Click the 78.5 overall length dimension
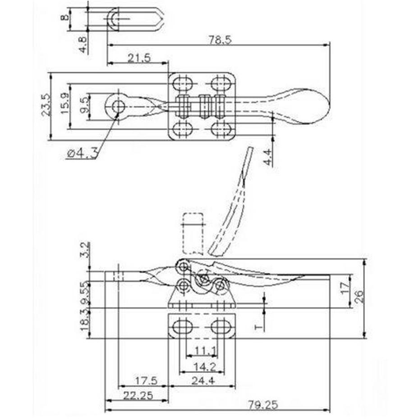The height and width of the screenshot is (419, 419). (220, 40)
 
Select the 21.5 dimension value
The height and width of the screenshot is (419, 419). (139, 58)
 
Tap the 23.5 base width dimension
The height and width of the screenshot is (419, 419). (46, 105)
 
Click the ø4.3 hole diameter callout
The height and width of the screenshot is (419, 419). (82, 154)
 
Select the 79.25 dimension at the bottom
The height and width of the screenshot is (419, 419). (263, 405)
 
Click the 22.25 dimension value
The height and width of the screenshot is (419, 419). (138, 395)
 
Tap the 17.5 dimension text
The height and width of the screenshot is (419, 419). (146, 381)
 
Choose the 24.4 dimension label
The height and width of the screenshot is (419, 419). (203, 381)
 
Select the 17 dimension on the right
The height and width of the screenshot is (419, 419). (345, 288)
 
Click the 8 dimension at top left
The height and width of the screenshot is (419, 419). (64, 18)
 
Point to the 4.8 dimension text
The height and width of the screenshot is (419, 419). (83, 44)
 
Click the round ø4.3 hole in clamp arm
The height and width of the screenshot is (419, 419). (118, 106)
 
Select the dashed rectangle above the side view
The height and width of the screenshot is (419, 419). (193, 233)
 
